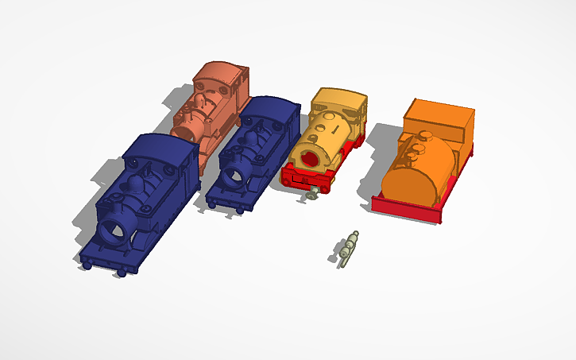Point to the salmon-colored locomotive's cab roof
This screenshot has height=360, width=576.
pos(222,71)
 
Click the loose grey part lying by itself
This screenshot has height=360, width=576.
pos(347,247)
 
